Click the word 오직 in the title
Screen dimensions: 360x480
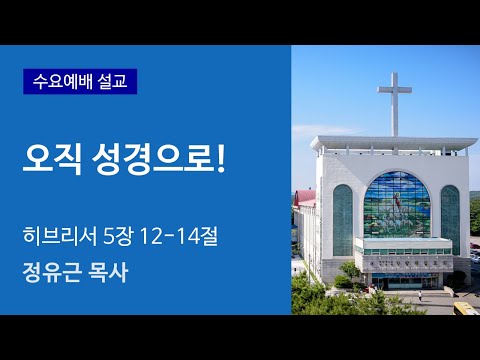(x=53, y=159)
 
